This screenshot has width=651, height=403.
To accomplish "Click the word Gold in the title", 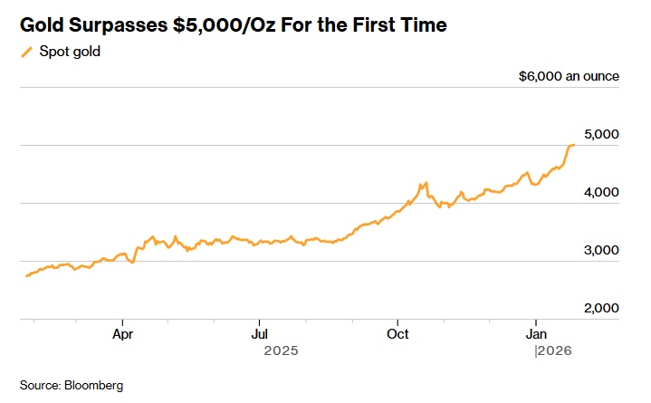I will pos(43,24).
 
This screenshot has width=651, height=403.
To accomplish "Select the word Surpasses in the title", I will pos(120,24).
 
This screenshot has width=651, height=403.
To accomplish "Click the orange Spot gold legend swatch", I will pos(26,52).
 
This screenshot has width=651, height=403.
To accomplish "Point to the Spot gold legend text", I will pos(69,52).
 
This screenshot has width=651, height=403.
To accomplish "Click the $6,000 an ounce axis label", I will pos(569,76).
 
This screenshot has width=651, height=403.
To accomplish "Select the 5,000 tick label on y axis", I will pos(600,134).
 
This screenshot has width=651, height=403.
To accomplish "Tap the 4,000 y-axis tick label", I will pos(600,192).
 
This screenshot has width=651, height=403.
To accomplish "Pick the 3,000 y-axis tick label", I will pos(600,250).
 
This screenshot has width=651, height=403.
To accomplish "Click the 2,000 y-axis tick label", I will pos(600,308).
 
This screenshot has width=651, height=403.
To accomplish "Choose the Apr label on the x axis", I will pos(123,332).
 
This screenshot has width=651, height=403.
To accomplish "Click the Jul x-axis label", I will pos(260,332).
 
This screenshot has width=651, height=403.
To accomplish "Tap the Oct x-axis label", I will pos(397,332).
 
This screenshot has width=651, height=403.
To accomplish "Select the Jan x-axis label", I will pos(535,332).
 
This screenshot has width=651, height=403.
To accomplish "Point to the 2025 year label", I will pos(281,350).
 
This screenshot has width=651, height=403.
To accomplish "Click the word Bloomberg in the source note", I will pos(93,385).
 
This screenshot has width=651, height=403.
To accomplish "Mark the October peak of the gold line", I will pos(424,183).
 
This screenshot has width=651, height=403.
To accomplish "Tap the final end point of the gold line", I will pos(574,145).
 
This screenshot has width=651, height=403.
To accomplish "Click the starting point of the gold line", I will pos(26,275).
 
